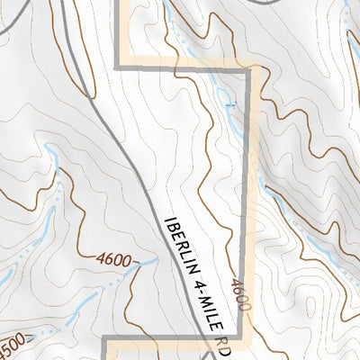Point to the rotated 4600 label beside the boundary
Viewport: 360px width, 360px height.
point(239,294)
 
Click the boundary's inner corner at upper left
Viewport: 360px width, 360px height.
point(119,67)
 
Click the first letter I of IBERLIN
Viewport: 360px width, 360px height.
point(169,220)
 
